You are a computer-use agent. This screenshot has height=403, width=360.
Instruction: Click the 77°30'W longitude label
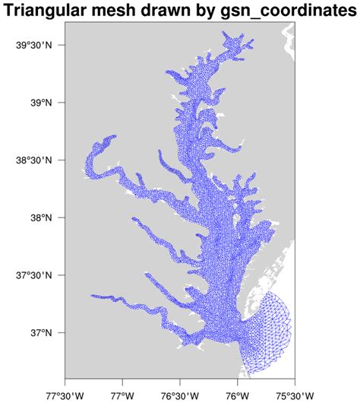(66, 394)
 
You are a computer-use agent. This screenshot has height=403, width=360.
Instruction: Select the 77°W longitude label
(123, 394)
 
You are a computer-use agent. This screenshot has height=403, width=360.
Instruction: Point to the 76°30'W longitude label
(180, 394)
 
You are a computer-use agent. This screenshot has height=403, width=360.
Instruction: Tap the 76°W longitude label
(237, 394)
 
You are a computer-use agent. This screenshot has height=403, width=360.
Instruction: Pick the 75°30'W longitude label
(294, 394)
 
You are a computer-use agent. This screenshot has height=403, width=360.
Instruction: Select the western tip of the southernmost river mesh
(91, 296)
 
